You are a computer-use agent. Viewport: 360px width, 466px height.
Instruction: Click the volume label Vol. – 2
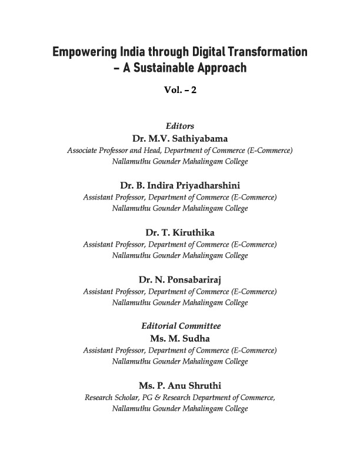tap(180, 90)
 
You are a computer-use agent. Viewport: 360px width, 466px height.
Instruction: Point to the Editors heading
tap(180, 126)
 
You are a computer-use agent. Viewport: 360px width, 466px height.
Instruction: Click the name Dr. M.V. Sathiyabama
tap(180, 138)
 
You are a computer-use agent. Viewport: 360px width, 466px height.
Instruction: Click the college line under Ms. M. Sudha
tap(180, 361)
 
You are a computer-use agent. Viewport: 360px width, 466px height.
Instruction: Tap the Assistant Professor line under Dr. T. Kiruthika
tap(180, 244)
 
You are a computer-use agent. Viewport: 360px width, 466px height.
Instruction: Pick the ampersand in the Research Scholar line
tap(166, 398)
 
